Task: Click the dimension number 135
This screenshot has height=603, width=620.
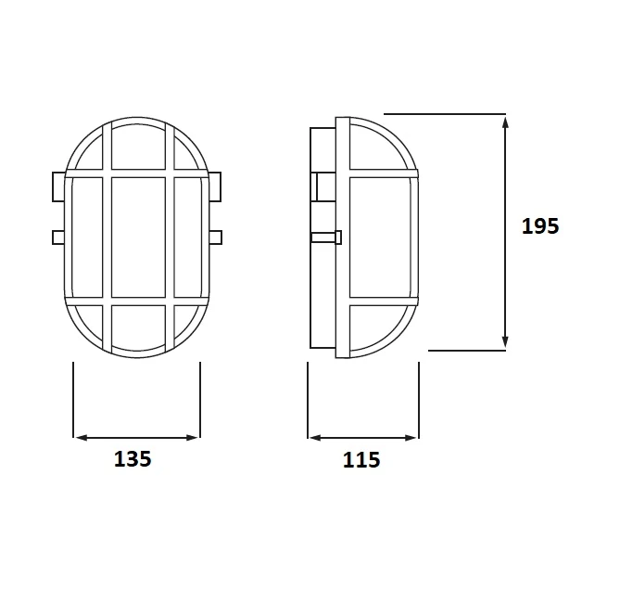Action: point(133,459)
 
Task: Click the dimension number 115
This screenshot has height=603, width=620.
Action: point(361,460)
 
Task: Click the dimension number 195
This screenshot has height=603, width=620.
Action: point(540,226)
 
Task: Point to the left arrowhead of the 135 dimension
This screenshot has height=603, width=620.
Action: point(81,438)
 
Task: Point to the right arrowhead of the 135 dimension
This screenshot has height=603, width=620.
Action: point(192,438)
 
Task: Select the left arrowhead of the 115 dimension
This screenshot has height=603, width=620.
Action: point(315,438)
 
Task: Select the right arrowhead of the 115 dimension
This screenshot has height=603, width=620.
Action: point(411,438)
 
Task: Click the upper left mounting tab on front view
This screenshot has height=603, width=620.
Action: point(58,186)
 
